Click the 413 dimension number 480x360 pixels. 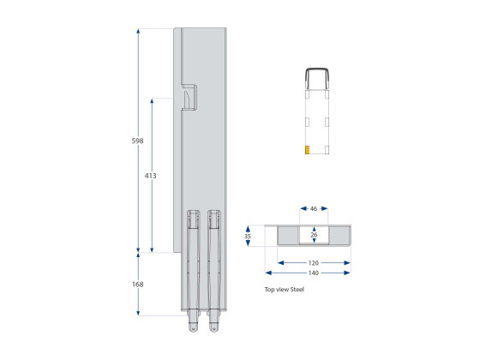click(151, 176)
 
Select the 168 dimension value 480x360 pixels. click(137, 284)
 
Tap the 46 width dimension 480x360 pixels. click(314, 208)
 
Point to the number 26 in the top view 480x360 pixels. click(314, 234)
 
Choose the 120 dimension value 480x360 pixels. click(314, 262)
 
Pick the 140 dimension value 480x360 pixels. click(314, 273)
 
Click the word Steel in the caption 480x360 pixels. click(296, 290)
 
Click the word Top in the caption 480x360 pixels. click(269, 290)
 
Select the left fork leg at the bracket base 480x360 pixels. click(192, 266)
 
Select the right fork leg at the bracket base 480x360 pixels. click(213, 266)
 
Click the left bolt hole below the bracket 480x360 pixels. click(193, 326)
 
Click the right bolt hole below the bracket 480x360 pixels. click(213, 326)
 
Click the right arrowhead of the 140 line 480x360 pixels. click(347, 273)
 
